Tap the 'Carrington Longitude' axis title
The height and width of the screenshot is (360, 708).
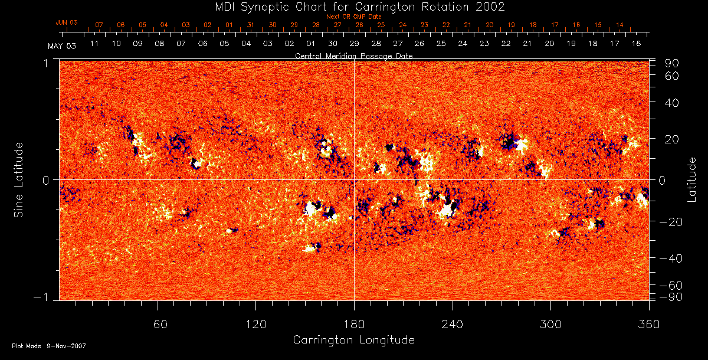coord(353,340)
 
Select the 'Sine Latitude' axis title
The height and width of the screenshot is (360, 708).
coord(19,179)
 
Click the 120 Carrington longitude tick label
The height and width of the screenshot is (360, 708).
coord(256,325)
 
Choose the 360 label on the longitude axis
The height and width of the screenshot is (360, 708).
coord(649,325)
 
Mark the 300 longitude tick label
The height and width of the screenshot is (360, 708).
coord(550,325)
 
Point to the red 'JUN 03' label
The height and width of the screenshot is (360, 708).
coord(67,22)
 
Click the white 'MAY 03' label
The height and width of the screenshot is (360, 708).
coord(61,45)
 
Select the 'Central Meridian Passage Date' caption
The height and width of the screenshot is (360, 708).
coord(353,55)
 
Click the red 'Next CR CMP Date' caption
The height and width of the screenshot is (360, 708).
coord(354,17)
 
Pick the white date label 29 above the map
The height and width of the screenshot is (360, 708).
coord(355,44)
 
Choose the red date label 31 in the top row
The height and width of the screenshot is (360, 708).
coord(251,25)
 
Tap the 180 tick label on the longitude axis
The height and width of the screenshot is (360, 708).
coord(354,325)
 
